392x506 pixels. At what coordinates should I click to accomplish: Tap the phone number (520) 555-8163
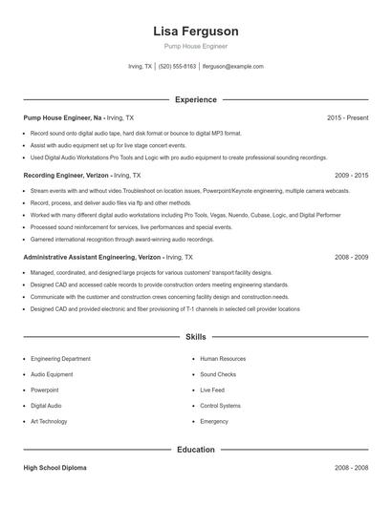pyautogui.click(x=177, y=67)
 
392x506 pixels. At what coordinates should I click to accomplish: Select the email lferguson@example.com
pyautogui.click(x=232, y=67)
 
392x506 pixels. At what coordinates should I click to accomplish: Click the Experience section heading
pyautogui.click(x=195, y=99)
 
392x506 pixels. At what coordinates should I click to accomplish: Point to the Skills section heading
pyautogui.click(x=195, y=337)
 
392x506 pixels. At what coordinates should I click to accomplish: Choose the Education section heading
pyautogui.click(x=195, y=449)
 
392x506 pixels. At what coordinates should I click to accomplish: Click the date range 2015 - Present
pyautogui.click(x=347, y=117)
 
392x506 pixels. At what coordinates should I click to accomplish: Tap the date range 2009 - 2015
pyautogui.click(x=352, y=176)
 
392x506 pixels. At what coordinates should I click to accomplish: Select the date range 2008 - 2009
pyautogui.click(x=352, y=257)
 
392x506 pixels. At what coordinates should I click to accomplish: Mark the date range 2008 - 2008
pyautogui.click(x=352, y=469)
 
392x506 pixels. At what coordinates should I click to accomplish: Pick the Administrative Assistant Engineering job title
pyautogui.click(x=91, y=257)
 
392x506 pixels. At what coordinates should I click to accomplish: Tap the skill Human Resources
pyautogui.click(x=223, y=359)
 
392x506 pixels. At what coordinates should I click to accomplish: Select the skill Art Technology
pyautogui.click(x=49, y=421)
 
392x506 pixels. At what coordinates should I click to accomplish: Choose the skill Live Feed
pyautogui.click(x=212, y=390)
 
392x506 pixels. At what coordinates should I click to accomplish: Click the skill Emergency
pyautogui.click(x=214, y=421)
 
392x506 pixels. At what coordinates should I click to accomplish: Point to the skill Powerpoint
pyautogui.click(x=44, y=390)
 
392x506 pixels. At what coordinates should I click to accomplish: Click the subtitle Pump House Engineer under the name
pyautogui.click(x=195, y=47)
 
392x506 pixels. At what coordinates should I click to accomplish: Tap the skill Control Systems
pyautogui.click(x=220, y=406)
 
